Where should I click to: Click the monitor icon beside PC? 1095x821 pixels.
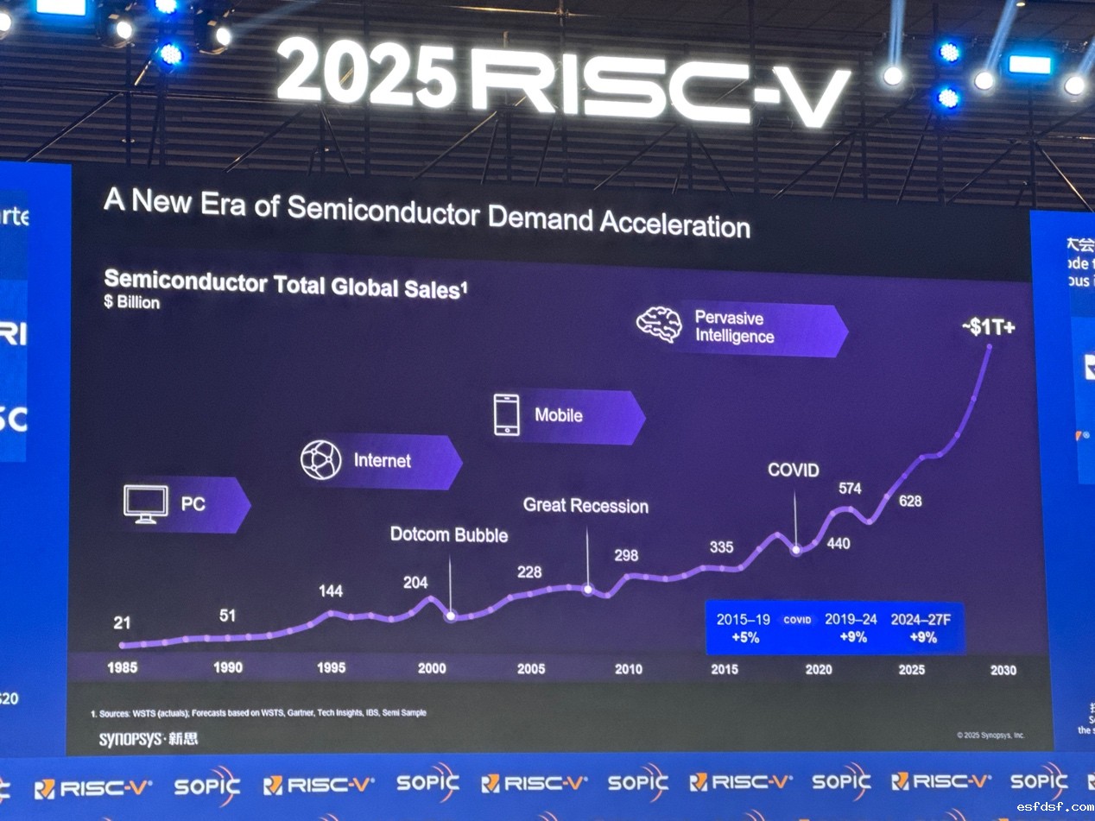pos(146,504)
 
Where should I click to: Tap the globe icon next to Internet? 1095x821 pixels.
pos(320,460)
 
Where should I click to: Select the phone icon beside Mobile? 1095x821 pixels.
pos(506,414)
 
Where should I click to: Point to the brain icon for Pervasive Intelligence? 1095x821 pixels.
pos(659,325)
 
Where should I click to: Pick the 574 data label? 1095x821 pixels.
pos(850,489)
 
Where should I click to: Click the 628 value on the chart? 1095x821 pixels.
pos(910,502)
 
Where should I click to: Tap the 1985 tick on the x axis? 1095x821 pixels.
pos(121,667)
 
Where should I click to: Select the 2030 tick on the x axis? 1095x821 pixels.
pos(1003,670)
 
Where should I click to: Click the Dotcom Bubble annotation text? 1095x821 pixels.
pos(449,535)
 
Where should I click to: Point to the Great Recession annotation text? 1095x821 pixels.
pos(585,506)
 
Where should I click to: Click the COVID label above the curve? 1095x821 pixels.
pos(794,470)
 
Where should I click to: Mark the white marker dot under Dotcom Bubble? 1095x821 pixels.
pos(450,616)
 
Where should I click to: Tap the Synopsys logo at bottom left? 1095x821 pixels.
pos(148,739)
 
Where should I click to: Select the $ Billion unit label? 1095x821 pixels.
pos(131,303)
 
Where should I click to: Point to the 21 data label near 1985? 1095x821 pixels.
pos(121,622)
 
